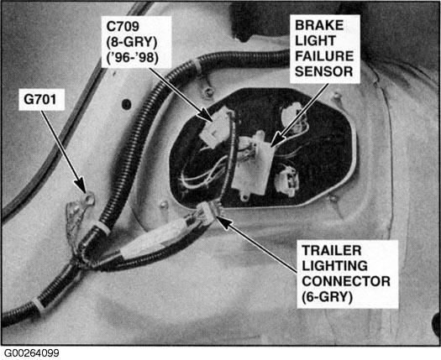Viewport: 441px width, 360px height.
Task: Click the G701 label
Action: point(40,100)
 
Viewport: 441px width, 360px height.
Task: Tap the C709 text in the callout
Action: point(123,26)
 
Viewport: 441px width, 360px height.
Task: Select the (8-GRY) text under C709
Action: point(132,42)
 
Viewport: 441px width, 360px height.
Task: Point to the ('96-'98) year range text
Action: point(132,57)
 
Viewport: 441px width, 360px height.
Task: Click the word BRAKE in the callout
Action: point(319,25)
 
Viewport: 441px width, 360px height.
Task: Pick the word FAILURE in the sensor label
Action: point(324,56)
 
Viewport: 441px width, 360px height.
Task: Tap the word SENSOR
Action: point(323,71)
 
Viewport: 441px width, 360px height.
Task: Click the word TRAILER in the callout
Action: point(332,250)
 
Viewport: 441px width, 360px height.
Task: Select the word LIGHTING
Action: point(334,265)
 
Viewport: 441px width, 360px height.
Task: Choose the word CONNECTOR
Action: point(346,281)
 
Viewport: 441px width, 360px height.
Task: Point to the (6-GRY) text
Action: point(327,297)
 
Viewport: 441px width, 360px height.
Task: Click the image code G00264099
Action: point(32,353)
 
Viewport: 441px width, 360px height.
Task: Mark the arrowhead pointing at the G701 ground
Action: point(81,185)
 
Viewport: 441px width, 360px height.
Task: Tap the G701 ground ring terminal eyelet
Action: point(89,199)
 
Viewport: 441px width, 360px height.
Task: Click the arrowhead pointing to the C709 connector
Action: point(206,115)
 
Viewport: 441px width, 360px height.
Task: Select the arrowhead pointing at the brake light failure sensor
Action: point(277,139)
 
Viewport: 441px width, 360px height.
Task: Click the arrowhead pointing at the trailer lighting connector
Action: point(223,220)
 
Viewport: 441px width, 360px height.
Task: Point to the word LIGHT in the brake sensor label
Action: point(315,41)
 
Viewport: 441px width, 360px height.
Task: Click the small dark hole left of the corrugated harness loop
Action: point(126,105)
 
